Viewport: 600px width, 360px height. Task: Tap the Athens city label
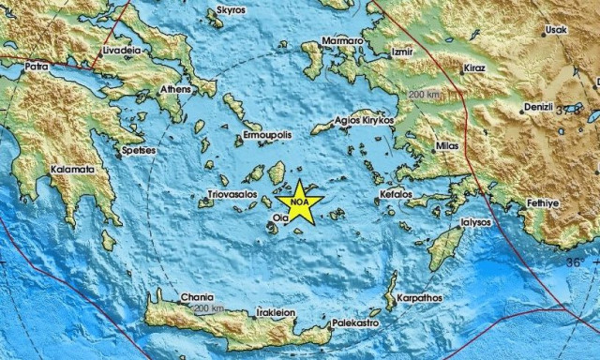(x=176, y=89)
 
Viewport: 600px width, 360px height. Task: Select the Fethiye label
(x=547, y=202)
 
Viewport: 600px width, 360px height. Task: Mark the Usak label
(x=556, y=30)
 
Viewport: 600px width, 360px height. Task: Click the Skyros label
(x=230, y=10)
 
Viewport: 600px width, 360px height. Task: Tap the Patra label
(x=37, y=67)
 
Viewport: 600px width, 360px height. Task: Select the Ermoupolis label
(x=267, y=135)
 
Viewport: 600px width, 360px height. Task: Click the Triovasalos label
(x=224, y=201)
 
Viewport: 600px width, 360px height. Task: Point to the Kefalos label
(x=396, y=194)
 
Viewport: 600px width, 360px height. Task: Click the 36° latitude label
(x=574, y=263)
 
